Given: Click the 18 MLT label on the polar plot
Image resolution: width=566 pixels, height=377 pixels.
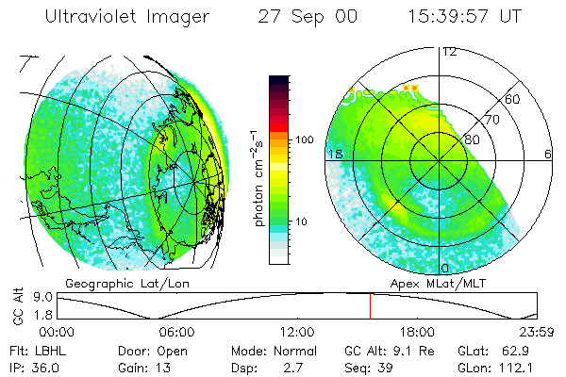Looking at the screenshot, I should (333, 154).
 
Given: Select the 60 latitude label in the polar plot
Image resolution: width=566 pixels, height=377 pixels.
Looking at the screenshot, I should (512, 99).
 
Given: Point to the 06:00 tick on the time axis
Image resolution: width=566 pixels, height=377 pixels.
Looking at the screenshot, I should (176, 331).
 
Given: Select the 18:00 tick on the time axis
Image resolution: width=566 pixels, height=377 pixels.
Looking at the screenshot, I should (416, 331).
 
